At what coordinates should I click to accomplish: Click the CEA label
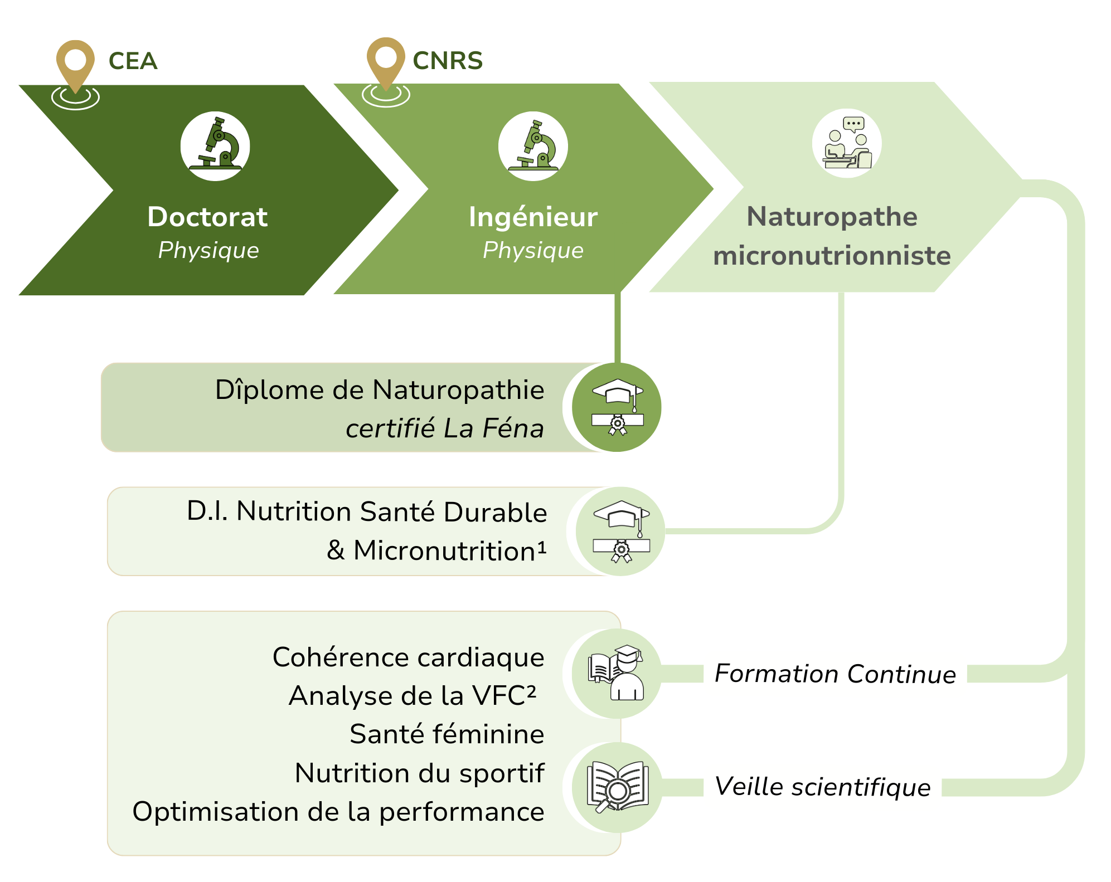[x=133, y=61]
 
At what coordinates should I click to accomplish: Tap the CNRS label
[x=447, y=60]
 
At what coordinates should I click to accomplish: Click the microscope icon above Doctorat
[x=215, y=146]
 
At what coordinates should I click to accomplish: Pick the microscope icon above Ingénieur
[x=533, y=146]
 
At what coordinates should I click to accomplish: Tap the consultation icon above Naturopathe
[x=846, y=143]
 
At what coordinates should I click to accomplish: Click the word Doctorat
[x=207, y=217]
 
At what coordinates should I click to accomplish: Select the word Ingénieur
[x=533, y=217]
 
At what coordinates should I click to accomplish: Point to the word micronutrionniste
[x=832, y=256]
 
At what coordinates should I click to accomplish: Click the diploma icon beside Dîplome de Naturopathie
[x=617, y=407]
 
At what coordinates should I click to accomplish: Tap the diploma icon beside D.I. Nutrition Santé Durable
[x=620, y=531]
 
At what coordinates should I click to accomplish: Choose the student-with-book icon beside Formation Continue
[x=617, y=673]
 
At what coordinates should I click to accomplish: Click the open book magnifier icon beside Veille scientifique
[x=617, y=787]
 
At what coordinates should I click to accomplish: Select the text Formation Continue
[x=835, y=674]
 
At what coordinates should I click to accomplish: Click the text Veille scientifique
[x=822, y=787]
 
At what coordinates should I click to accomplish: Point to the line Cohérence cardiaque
[x=408, y=657]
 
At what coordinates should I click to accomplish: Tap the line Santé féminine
[x=447, y=734]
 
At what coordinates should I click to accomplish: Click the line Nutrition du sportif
[x=419, y=773]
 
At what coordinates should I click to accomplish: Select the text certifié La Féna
[x=444, y=428]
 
